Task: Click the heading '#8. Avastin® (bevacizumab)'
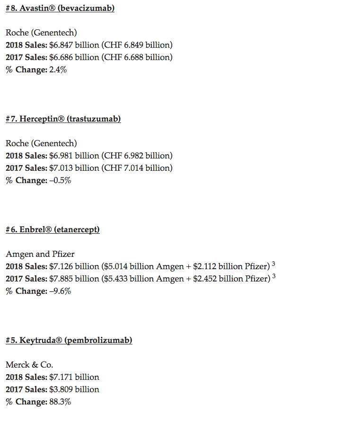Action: point(60,9)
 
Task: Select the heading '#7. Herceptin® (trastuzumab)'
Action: point(63,119)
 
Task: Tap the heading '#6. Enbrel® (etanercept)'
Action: point(53,230)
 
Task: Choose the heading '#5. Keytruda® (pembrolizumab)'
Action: point(69,341)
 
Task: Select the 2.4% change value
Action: point(57,70)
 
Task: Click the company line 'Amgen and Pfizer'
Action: point(40,255)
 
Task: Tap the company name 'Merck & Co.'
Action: point(29,365)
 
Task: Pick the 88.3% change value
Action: point(60,402)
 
